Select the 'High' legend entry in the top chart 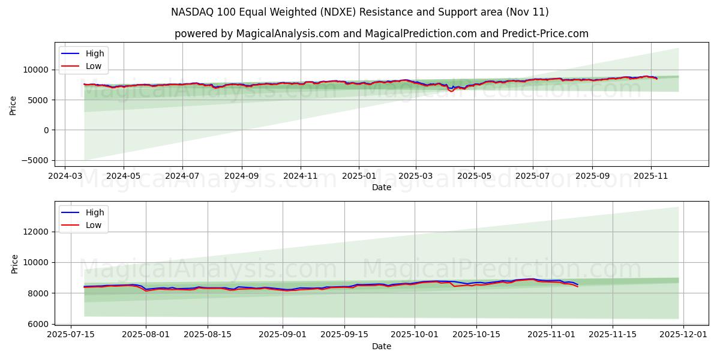tap(95, 53)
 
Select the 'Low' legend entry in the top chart tap(94, 66)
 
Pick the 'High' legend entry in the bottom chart tap(95, 212)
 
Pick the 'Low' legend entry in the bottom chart tap(94, 225)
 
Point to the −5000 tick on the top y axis tap(37, 160)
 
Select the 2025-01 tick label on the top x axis tap(359, 176)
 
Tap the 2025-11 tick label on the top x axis tap(650, 176)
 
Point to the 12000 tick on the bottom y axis tap(37, 232)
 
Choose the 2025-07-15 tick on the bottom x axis tap(71, 335)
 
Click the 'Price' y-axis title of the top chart tap(13, 105)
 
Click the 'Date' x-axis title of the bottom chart tap(381, 346)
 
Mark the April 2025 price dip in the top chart tap(451, 90)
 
